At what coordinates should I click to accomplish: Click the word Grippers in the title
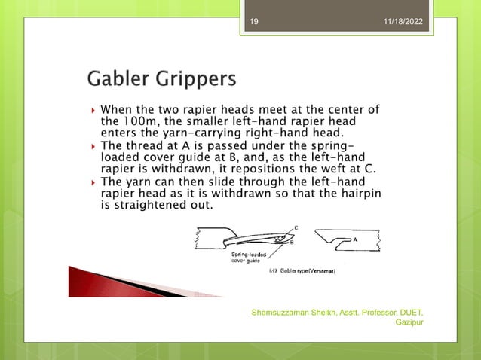click(x=195, y=80)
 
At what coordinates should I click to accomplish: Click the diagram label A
click(x=354, y=235)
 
